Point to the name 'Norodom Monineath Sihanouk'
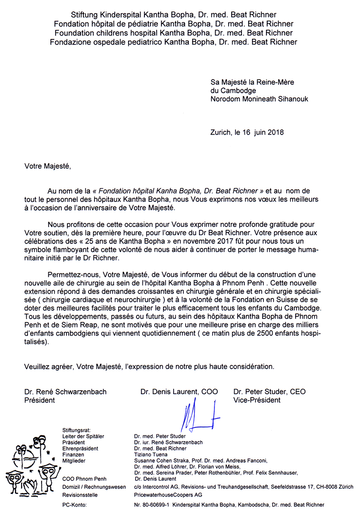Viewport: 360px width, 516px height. point(259,99)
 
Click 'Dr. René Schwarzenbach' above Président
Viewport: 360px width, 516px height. point(66,392)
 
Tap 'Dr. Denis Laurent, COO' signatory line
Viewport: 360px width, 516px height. point(179,392)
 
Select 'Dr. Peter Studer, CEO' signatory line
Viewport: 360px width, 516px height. point(269,392)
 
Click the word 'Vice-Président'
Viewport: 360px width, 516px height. point(257,400)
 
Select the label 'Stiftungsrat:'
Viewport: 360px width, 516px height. point(76,429)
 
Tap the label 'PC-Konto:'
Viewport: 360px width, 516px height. point(75,505)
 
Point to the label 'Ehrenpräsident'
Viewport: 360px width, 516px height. point(80,448)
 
